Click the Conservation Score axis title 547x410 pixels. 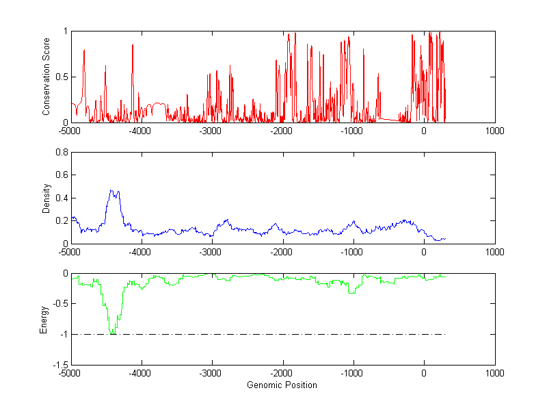pyautogui.click(x=46, y=77)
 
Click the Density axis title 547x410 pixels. pyautogui.click(x=46, y=198)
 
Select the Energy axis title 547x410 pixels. pyautogui.click(x=44, y=319)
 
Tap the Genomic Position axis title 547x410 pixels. pyautogui.click(x=282, y=385)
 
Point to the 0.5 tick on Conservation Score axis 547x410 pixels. pyautogui.click(x=61, y=77)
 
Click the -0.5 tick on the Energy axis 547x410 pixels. pyautogui.click(x=59, y=304)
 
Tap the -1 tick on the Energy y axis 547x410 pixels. pyautogui.click(x=64, y=335)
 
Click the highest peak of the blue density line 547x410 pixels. pyautogui.click(x=111, y=190)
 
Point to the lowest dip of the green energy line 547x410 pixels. pyautogui.click(x=111, y=333)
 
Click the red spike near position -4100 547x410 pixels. pyautogui.click(x=133, y=45)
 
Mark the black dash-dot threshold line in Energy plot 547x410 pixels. pyautogui.click(x=273, y=335)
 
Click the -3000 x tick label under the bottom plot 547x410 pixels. pyautogui.click(x=211, y=373)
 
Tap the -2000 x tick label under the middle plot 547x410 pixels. pyautogui.click(x=282, y=252)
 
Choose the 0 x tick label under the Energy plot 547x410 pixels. pyautogui.click(x=424, y=373)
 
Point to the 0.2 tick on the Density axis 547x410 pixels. pyautogui.click(x=61, y=220)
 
